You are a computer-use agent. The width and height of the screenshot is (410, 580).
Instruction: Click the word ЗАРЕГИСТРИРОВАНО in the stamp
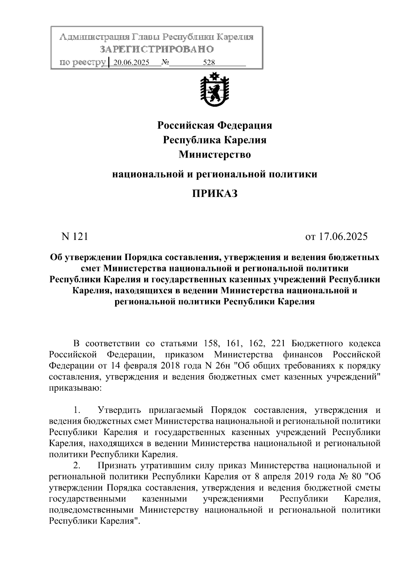(157, 50)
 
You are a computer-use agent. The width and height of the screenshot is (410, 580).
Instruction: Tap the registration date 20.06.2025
(131, 63)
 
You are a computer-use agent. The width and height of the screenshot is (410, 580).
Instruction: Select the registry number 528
(209, 63)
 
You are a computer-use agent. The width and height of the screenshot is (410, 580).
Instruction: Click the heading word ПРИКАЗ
(215, 194)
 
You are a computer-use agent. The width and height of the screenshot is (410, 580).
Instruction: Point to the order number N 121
(74, 237)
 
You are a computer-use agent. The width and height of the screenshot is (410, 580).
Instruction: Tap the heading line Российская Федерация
(215, 125)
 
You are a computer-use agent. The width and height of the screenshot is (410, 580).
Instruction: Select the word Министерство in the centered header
(215, 155)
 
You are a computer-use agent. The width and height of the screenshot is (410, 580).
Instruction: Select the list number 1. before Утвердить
(77, 410)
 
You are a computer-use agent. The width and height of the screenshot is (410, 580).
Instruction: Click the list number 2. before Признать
(77, 466)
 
